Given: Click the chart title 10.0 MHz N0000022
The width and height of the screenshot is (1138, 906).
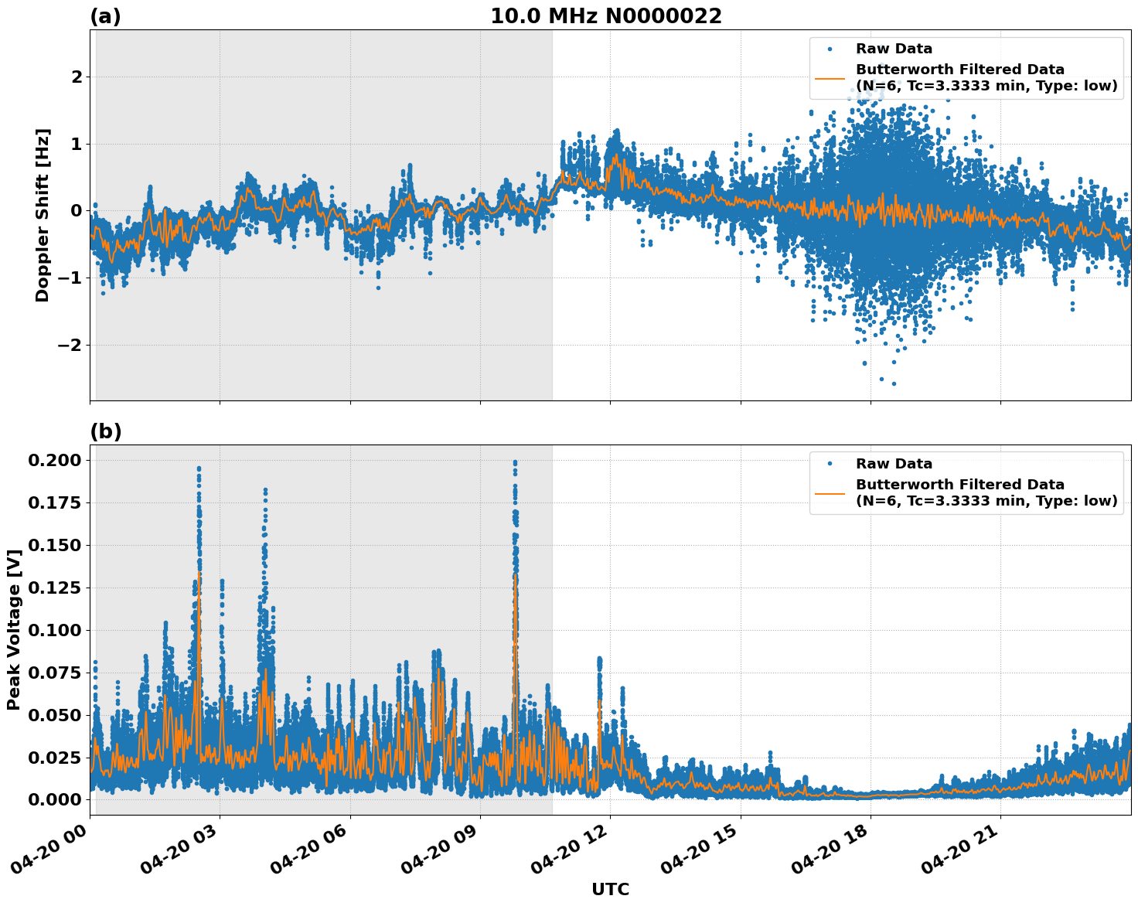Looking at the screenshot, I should click(605, 16).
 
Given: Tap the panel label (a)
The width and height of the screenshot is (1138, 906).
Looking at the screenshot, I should click(105, 16).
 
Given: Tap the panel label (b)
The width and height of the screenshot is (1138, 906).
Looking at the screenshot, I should click(105, 431).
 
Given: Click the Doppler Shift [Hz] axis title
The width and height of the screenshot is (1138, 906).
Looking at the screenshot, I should click(43, 215).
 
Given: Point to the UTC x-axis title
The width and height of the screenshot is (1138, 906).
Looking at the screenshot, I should click(610, 889).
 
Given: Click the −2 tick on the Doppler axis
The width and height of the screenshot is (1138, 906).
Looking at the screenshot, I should click(70, 345).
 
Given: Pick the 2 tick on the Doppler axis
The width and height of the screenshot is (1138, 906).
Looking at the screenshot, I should click(77, 77).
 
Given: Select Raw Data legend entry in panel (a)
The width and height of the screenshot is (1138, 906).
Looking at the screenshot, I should click(894, 49).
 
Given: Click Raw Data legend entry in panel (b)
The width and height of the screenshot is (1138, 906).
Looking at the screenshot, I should click(894, 464).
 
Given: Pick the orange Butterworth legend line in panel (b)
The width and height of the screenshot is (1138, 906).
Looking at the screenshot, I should click(830, 492).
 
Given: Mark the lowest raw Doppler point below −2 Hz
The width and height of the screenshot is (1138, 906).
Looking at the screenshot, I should click(894, 383).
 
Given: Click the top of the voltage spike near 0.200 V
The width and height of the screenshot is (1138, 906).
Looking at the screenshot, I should click(515, 462).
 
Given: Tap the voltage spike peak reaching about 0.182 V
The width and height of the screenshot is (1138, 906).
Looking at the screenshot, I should click(265, 490).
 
